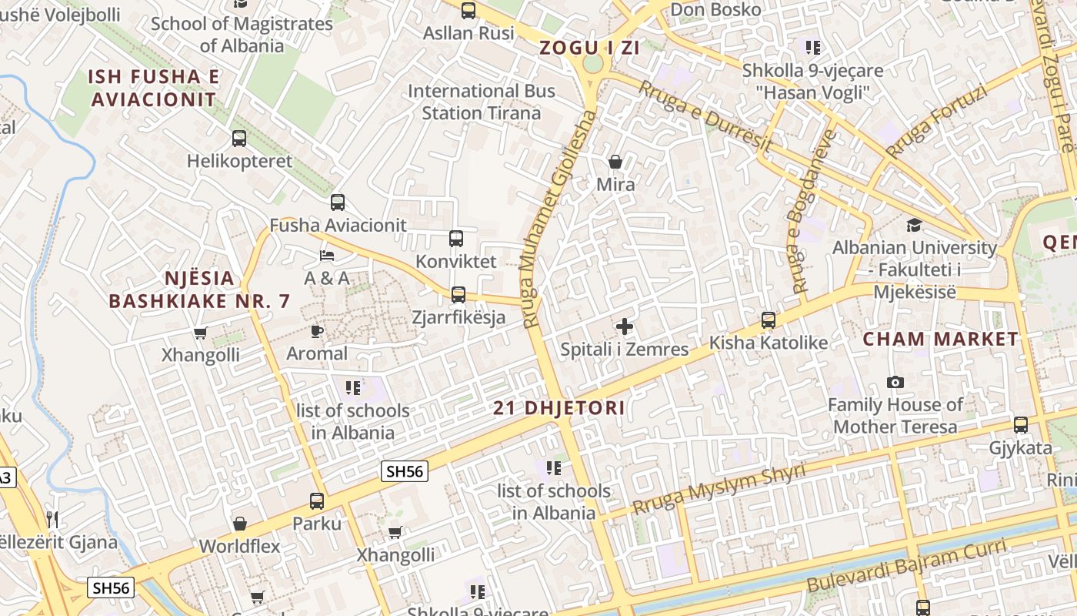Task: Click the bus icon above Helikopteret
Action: [239, 139]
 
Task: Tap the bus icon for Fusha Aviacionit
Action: [338, 203]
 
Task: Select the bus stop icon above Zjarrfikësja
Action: [458, 294]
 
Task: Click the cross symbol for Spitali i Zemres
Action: [625, 326]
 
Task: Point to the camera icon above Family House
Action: [895, 382]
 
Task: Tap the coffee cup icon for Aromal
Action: [316, 331]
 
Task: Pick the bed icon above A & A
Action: [327, 255]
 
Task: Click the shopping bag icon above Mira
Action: [615, 162]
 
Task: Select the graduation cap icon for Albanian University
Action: [914, 225]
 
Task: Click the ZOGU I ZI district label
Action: [590, 48]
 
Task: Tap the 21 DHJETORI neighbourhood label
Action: [559, 408]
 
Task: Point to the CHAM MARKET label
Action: [940, 339]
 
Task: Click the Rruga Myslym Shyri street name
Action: [719, 490]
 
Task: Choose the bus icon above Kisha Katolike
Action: [768, 320]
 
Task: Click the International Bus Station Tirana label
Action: [482, 102]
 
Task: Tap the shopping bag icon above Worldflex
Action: [240, 524]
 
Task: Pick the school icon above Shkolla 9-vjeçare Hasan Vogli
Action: [813, 48]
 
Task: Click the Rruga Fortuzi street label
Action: [935, 122]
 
